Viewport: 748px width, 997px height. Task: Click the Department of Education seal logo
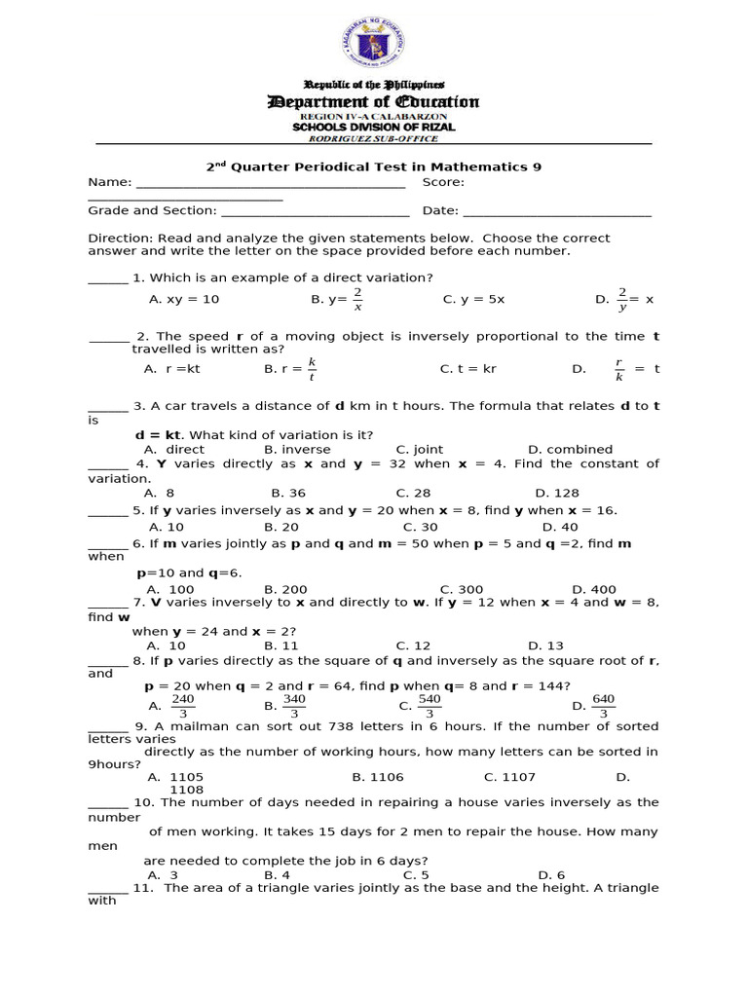373,44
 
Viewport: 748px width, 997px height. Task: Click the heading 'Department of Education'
373,102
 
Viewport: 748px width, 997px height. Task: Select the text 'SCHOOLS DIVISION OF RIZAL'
374,128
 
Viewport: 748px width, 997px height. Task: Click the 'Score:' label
443,182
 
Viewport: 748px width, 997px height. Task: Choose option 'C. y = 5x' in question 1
473,300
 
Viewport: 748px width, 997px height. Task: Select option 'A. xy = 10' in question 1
184,300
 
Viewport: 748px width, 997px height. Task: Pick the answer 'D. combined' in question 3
570,450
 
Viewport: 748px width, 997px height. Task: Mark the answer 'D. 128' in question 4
557,493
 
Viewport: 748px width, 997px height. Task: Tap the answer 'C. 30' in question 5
421,527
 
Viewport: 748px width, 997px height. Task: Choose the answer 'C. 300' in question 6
462,589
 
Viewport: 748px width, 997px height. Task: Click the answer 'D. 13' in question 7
545,646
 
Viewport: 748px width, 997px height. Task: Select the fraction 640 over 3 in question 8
602,707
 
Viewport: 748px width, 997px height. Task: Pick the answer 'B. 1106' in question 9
378,777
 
